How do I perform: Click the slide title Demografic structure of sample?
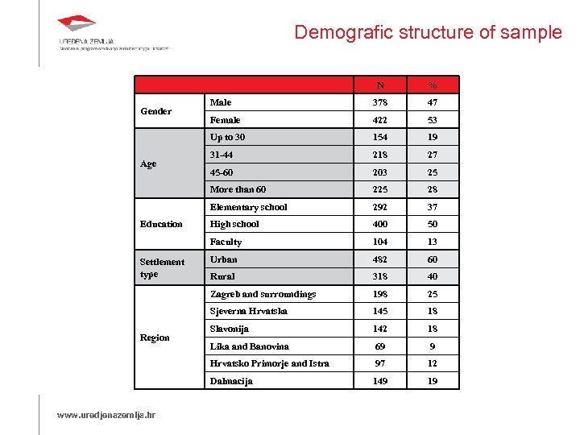tap(428, 32)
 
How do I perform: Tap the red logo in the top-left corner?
tap(77, 25)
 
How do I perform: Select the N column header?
tap(379, 85)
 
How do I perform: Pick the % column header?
tap(433, 85)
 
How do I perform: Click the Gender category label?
tap(155, 111)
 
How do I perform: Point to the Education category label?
tap(161, 224)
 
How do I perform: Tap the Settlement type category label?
tap(161, 267)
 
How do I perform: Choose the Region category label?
tap(155, 338)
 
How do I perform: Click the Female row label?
tap(226, 120)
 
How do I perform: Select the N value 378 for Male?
tap(379, 102)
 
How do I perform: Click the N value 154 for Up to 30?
tap(379, 137)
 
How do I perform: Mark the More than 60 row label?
tap(238, 189)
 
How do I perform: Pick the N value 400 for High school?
tap(379, 224)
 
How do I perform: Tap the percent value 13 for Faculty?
tap(433, 242)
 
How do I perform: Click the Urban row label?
tap(224, 259)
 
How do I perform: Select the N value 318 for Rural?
tap(379, 276)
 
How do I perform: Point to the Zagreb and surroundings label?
tap(263, 294)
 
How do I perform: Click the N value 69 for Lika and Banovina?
tap(379, 346)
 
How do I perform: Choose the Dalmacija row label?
tap(231, 381)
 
